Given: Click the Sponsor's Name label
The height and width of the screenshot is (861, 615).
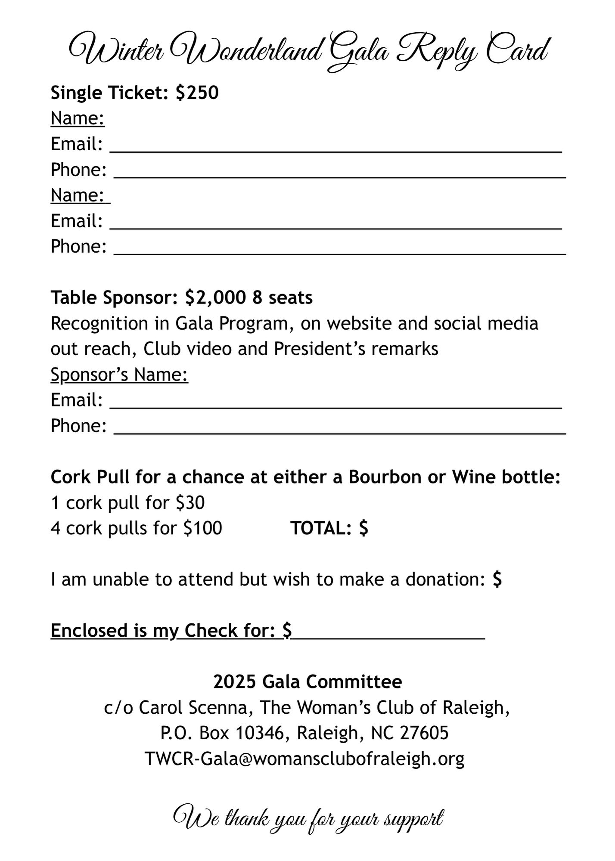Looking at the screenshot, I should click(x=119, y=375).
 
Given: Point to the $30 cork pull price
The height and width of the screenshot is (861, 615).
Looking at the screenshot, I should click(x=190, y=502).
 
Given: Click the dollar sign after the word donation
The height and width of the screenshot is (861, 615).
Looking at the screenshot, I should click(x=497, y=579).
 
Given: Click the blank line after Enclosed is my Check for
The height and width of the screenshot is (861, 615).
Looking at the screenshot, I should click(x=388, y=631).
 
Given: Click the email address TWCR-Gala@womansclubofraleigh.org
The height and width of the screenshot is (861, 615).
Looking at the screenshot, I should click(x=304, y=759).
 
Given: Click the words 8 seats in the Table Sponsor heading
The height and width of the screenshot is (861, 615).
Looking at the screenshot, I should click(x=283, y=297).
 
